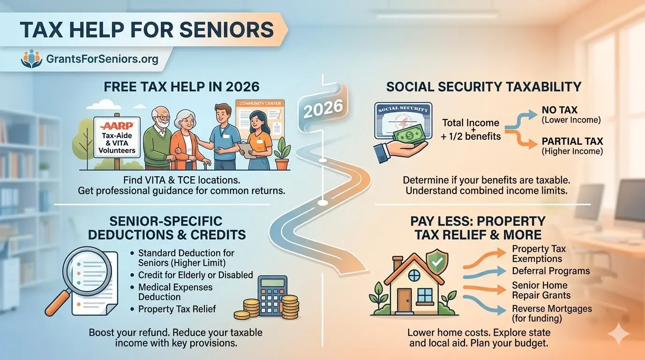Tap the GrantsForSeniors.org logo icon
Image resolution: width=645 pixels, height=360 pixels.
click(x=32, y=59)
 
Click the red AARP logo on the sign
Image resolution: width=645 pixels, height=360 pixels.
click(x=117, y=126)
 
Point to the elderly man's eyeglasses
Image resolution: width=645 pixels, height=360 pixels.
click(x=162, y=118)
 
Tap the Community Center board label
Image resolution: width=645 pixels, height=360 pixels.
click(x=260, y=104)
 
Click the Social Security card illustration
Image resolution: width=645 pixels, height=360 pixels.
click(x=403, y=121)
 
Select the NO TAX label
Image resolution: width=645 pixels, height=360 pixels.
click(x=560, y=110)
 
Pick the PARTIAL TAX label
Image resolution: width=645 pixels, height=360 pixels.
click(x=572, y=142)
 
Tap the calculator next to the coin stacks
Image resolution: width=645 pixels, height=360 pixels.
click(x=272, y=296)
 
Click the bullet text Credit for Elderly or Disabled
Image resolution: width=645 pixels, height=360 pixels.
click(x=195, y=275)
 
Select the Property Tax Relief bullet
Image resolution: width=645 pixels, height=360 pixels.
click(x=177, y=309)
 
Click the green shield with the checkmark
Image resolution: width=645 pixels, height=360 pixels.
click(x=437, y=262)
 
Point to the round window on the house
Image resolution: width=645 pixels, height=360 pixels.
click(x=414, y=276)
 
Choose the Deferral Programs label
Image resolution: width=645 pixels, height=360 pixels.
click(x=551, y=271)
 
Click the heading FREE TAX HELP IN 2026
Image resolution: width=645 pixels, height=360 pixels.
click(x=181, y=87)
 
